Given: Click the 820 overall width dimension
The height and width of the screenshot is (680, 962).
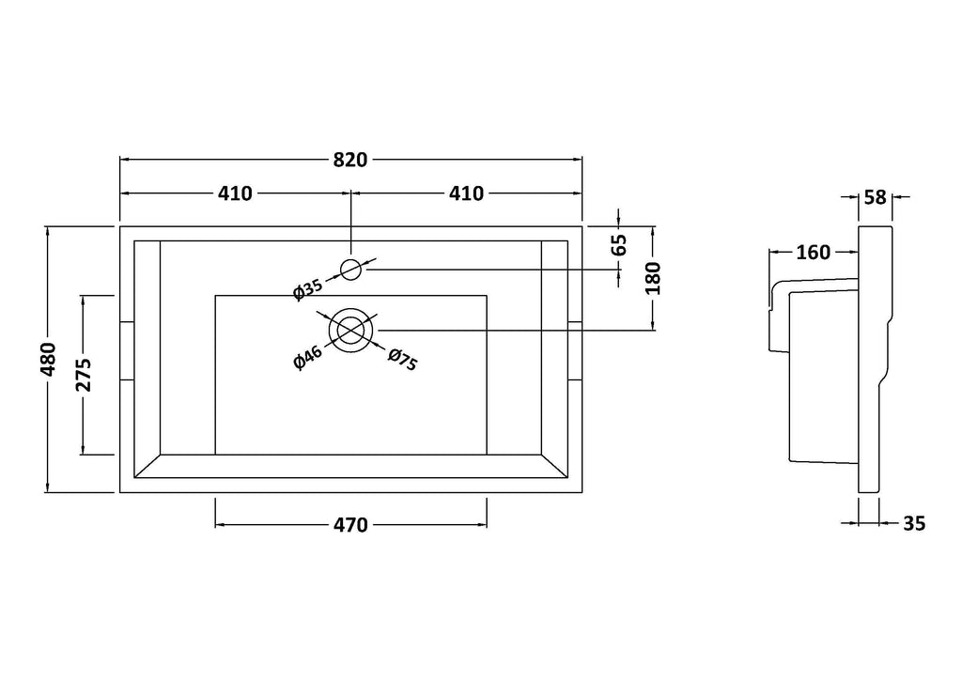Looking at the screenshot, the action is (x=350, y=160).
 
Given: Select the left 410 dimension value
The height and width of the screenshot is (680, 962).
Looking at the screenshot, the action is (x=235, y=193).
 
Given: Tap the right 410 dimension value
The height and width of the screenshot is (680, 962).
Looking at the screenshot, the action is (x=466, y=193).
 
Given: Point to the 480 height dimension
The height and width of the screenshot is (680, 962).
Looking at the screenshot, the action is (x=49, y=359).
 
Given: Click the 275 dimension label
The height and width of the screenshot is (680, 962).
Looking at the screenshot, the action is (x=83, y=374).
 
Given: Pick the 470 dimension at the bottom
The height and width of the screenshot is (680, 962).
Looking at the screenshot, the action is (x=350, y=525).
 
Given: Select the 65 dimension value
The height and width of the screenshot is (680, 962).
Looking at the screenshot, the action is (x=620, y=244).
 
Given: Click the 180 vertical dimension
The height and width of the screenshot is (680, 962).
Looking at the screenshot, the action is (x=654, y=278).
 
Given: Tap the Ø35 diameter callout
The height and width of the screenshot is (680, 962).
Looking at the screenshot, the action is (x=307, y=288).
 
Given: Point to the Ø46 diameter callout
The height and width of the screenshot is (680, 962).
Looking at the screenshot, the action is (x=307, y=358).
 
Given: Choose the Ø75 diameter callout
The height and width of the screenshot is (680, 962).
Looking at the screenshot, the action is (x=403, y=360).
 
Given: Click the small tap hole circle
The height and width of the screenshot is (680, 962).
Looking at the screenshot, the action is (x=350, y=269).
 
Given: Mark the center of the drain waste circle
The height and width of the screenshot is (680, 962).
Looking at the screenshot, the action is (x=350, y=330).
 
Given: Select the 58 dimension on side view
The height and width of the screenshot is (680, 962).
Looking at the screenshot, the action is (x=876, y=197).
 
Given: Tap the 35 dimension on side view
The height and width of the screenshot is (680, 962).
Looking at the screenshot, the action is (x=914, y=524).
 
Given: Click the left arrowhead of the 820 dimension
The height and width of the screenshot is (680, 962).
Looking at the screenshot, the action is (x=124, y=160).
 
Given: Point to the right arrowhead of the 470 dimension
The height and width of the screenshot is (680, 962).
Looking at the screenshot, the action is (x=482, y=525).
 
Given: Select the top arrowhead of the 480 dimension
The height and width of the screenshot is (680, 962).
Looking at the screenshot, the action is (x=47, y=230).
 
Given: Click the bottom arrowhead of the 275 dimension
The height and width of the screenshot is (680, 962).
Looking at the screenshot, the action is (x=83, y=450).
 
